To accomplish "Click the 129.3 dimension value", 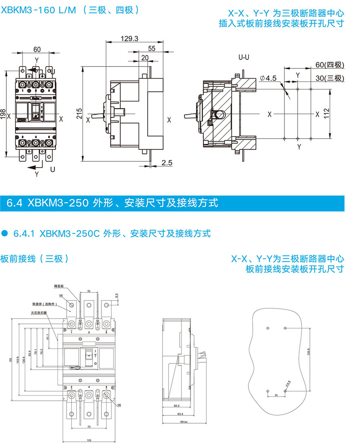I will (x=130, y=39).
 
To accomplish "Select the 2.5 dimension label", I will (x=167, y=163).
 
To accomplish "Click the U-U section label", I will (x=244, y=58).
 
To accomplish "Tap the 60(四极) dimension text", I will (x=330, y=65).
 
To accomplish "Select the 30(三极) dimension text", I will (x=330, y=78).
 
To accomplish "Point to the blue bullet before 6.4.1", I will (x=5, y=233).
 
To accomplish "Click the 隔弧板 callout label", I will (x=59, y=286).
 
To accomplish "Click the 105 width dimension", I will (x=89, y=440).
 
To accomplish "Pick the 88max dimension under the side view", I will (x=184, y=422).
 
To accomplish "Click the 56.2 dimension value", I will (x=177, y=406).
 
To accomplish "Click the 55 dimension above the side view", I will (x=152, y=48).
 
